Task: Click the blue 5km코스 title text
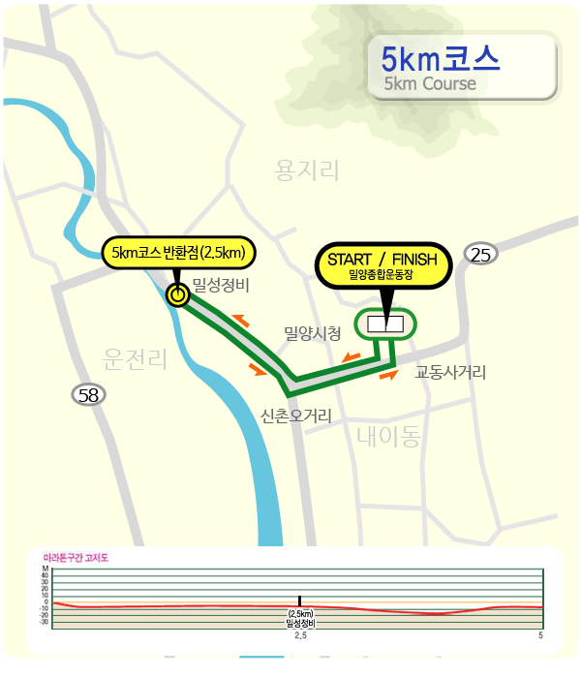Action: [x=441, y=58]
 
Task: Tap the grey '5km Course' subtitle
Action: [x=430, y=83]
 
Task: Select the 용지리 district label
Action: [x=308, y=172]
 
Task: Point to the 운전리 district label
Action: [x=135, y=360]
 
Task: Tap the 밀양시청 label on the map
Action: [x=312, y=333]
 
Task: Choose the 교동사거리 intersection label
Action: [x=450, y=372]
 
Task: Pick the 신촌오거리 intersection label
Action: [x=296, y=416]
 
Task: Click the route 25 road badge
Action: [x=481, y=255]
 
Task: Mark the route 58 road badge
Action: [x=89, y=394]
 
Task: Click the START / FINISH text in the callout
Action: [x=382, y=260]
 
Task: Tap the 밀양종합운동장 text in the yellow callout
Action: [x=382, y=275]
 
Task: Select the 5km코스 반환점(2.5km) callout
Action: [x=178, y=253]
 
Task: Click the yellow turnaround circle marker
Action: [x=177, y=295]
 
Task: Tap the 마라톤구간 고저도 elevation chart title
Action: [x=76, y=559]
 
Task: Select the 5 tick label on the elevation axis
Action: [x=540, y=636]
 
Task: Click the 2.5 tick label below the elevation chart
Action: [x=300, y=636]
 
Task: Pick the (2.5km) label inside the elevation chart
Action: [x=300, y=614]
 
